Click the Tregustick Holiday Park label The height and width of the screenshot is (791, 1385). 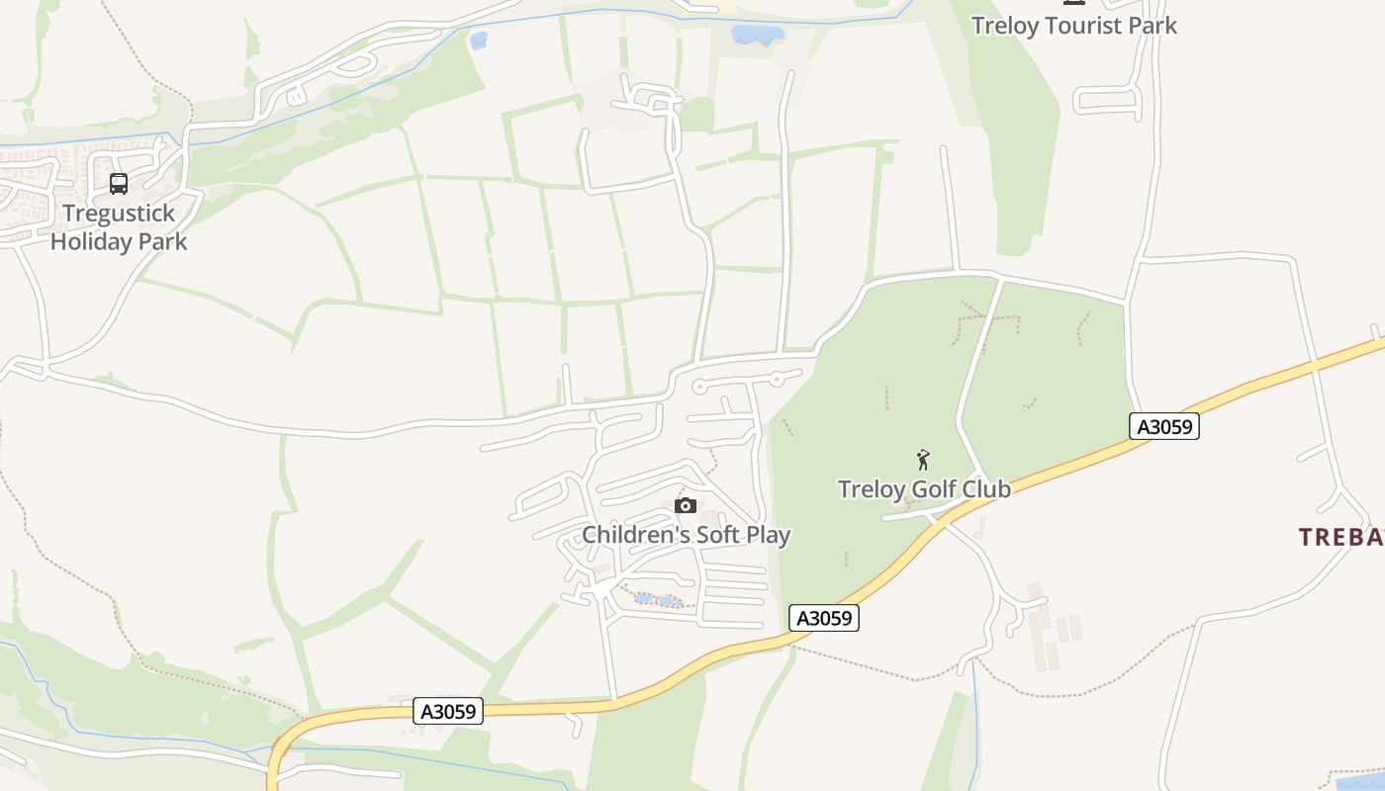(119, 227)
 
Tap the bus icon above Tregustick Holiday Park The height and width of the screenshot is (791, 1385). (119, 184)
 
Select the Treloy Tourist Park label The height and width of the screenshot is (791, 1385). (1074, 26)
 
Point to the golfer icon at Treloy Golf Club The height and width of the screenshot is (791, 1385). (923, 460)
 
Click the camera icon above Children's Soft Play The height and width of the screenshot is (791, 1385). (686, 506)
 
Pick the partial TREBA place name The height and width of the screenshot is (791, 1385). (1340, 537)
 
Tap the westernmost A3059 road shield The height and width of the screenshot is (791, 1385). (449, 711)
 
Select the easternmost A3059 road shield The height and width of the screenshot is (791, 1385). (1164, 427)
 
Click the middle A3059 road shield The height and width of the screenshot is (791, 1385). (824, 618)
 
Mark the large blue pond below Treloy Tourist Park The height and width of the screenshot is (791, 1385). (758, 36)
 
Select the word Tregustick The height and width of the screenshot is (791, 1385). (119, 214)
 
